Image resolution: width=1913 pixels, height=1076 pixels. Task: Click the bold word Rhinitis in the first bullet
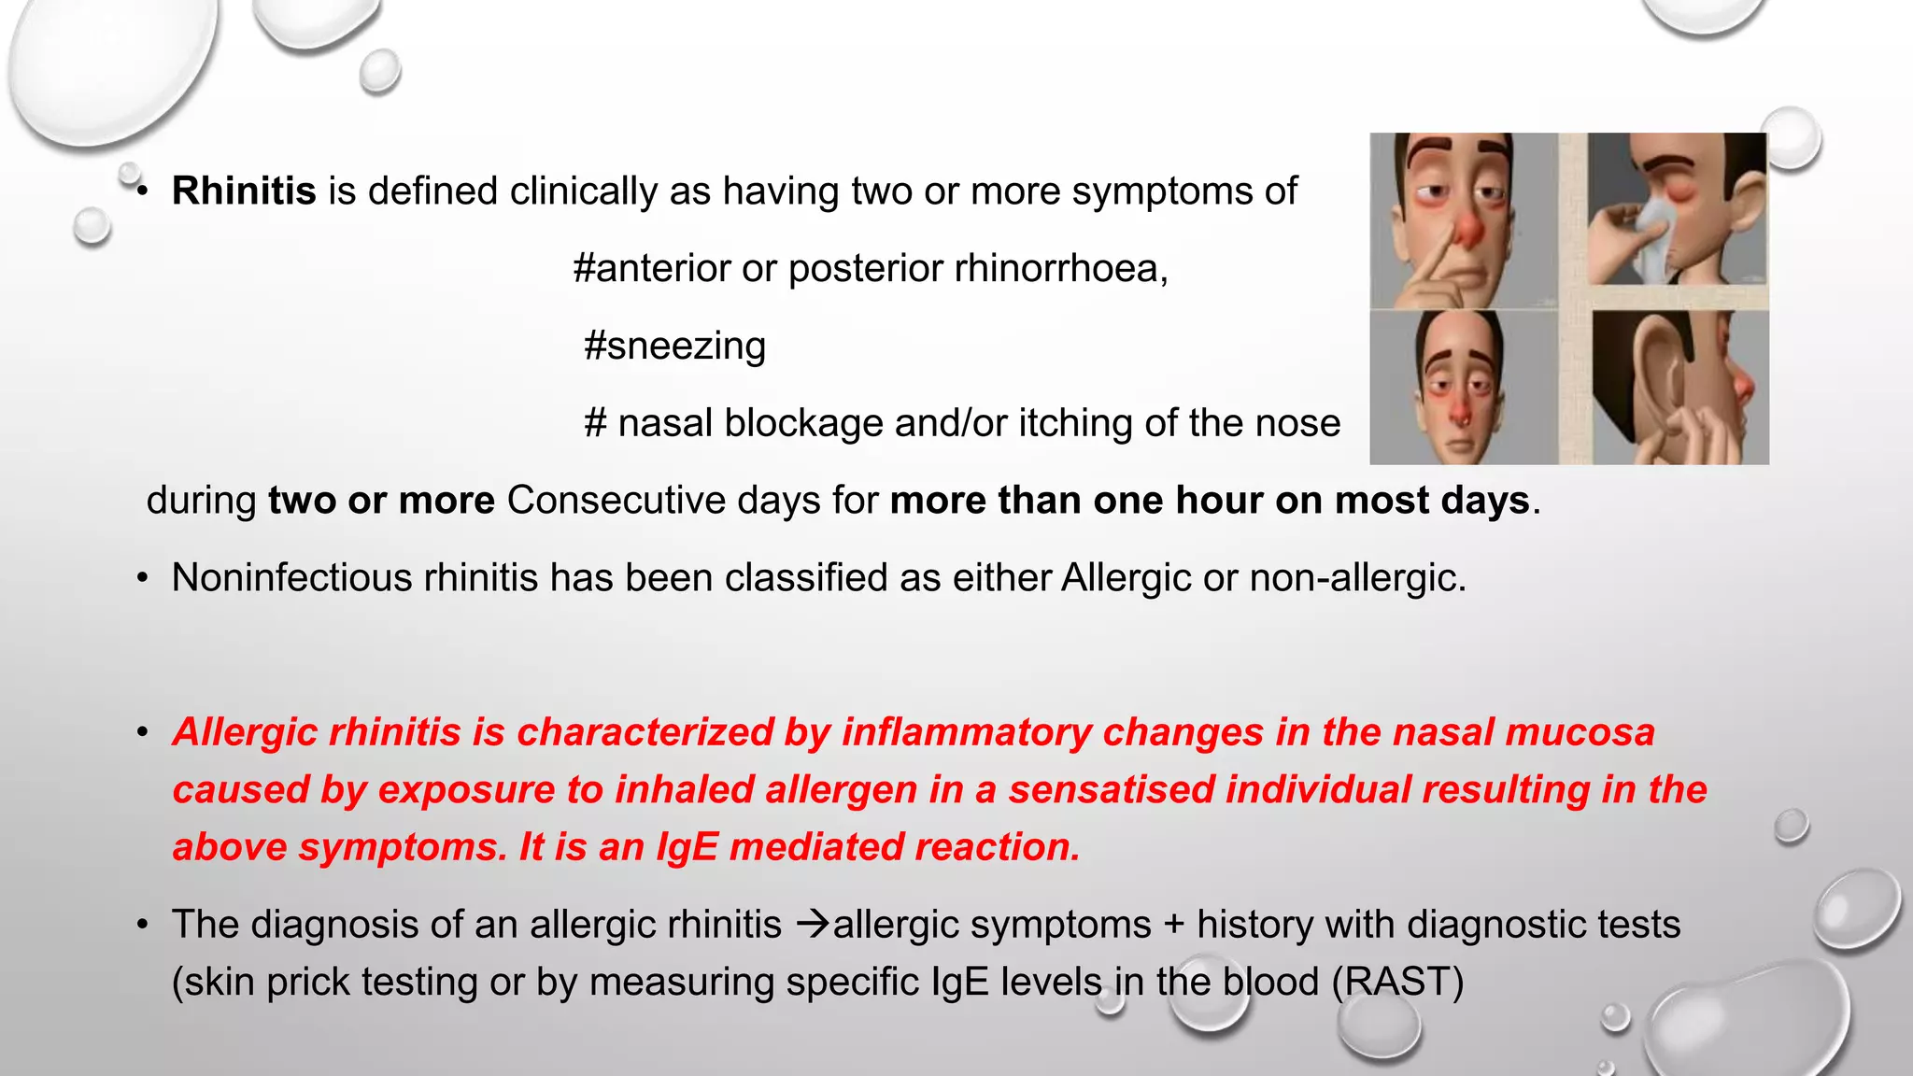coord(244,191)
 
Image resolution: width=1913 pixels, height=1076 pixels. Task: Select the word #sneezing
coord(674,347)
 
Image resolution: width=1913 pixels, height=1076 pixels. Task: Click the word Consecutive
coord(616,501)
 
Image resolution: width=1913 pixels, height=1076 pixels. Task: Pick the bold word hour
coord(1219,501)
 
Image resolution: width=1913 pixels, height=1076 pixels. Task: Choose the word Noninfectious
coord(291,578)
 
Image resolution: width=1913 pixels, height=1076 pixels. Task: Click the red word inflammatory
coord(966,732)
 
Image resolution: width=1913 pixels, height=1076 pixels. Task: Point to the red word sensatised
coord(1111,790)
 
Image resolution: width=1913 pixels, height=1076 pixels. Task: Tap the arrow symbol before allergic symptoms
coord(813,925)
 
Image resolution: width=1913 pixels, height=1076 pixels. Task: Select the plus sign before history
coord(1173,926)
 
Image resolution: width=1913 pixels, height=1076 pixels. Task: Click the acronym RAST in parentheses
coord(1397,983)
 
